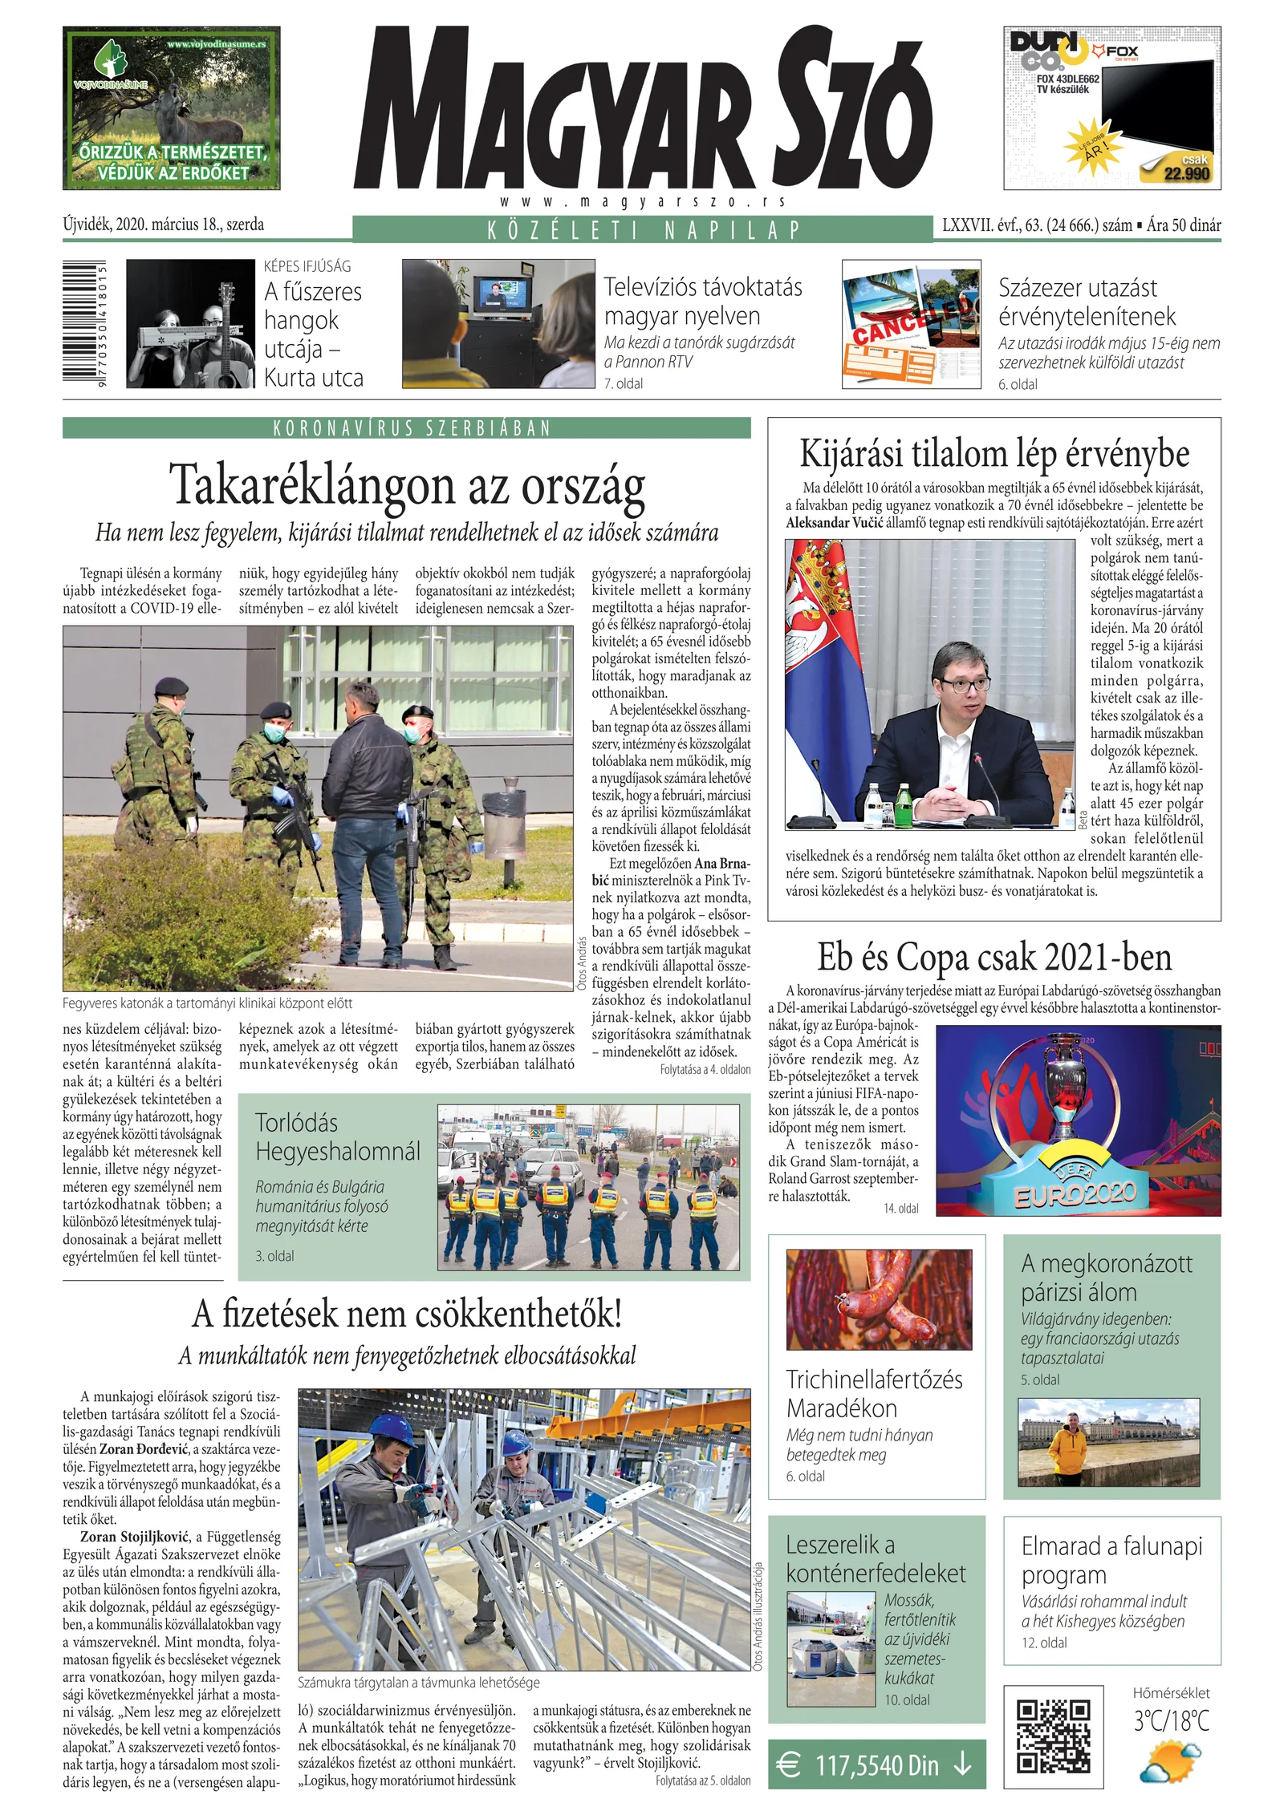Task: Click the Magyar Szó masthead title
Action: [642, 108]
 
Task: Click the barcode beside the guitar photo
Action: [83, 324]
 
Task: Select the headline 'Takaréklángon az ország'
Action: [407, 486]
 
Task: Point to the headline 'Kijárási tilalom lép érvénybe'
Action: [994, 454]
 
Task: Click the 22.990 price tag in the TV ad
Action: [1186, 173]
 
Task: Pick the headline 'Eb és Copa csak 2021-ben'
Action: [994, 957]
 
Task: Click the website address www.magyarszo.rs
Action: [642, 202]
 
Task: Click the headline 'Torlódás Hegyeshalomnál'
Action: [337, 1137]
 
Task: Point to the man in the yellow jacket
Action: [1068, 1450]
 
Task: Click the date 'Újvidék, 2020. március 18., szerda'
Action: [164, 225]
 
